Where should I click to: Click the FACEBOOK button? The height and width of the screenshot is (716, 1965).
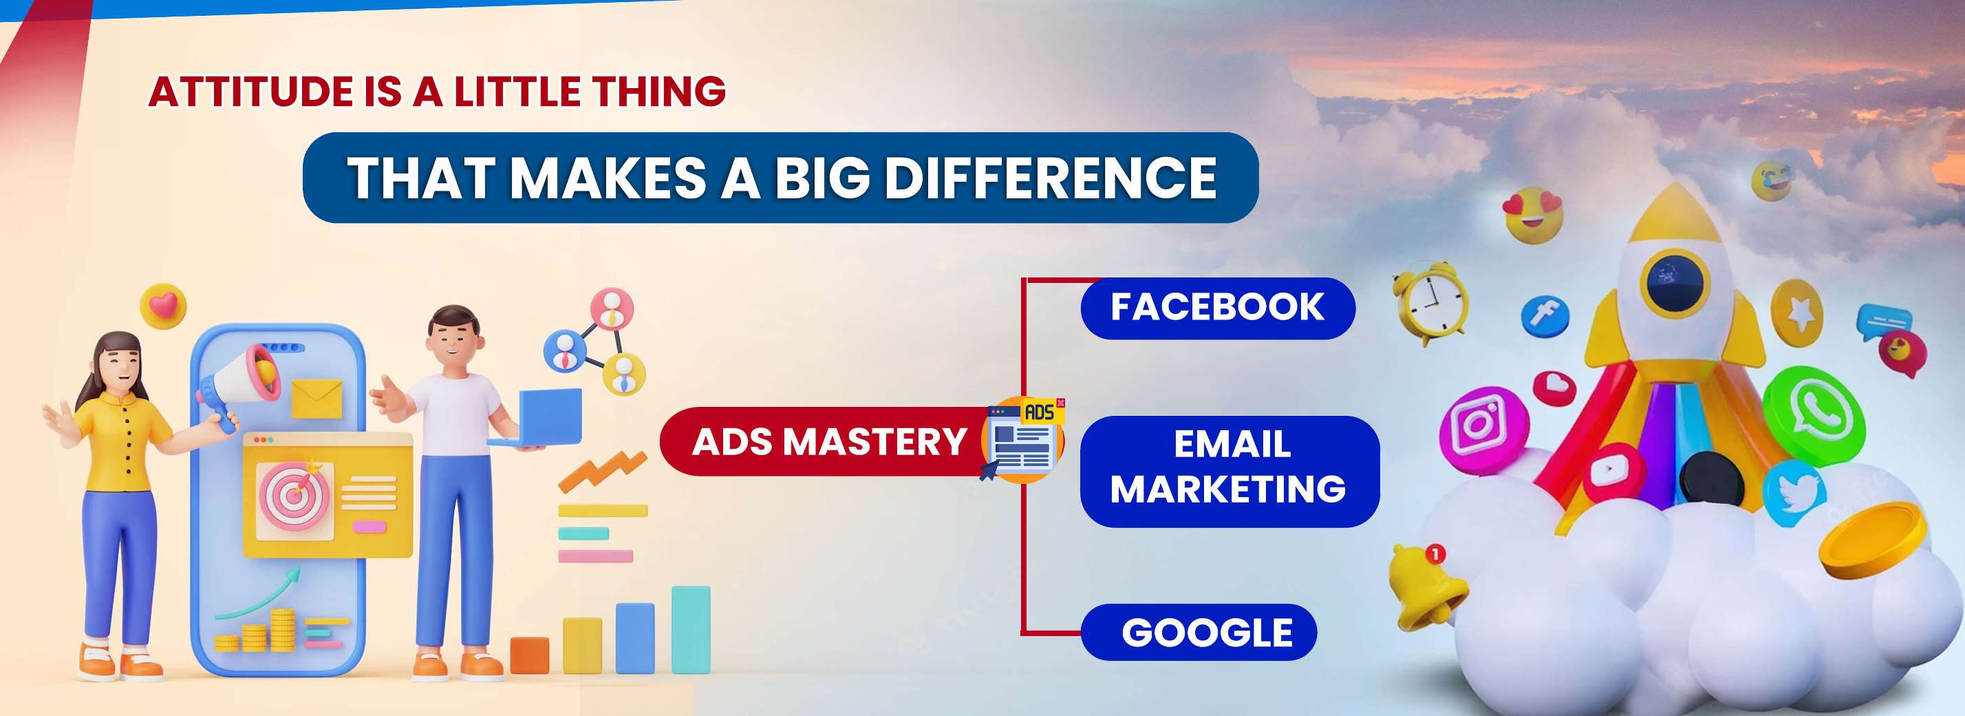[1217, 308]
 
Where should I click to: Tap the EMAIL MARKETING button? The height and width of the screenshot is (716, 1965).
[1230, 471]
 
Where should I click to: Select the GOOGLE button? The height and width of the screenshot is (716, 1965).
[1199, 632]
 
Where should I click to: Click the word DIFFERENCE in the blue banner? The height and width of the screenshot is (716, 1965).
[1051, 178]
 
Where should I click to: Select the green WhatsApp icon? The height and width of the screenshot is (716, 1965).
[1813, 415]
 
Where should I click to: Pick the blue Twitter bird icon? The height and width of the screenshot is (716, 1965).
[1795, 492]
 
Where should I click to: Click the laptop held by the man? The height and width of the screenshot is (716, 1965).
[539, 419]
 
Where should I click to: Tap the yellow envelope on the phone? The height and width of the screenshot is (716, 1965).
[316, 398]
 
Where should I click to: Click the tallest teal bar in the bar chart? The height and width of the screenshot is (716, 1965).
[690, 630]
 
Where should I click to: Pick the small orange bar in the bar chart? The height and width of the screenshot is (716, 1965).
[529, 655]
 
